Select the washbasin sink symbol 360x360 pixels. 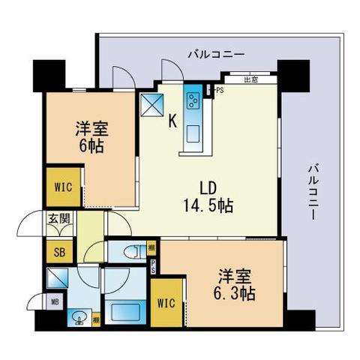coord(79,318)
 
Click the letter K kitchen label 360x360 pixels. coord(172,120)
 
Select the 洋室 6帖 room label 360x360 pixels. coord(88,135)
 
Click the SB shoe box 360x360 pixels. coord(58,252)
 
